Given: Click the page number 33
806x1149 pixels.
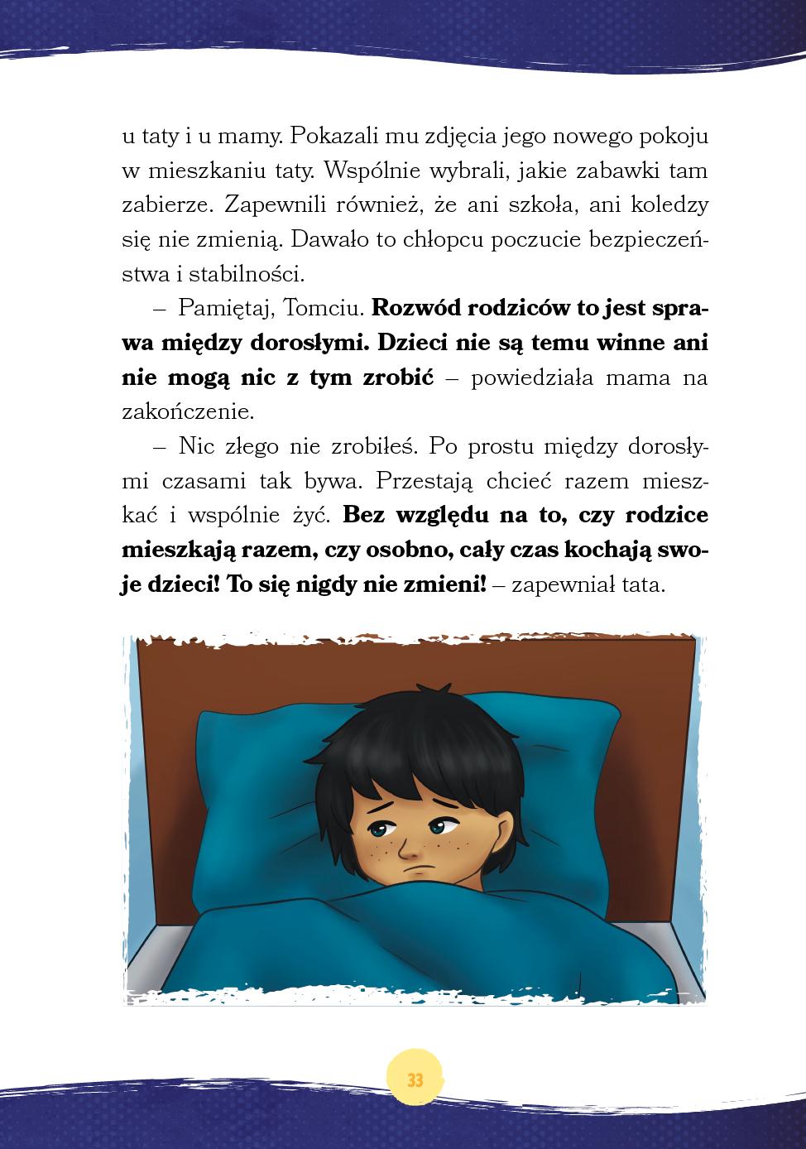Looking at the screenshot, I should pyautogui.click(x=415, y=1080).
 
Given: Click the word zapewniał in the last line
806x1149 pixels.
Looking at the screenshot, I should pyautogui.click(x=563, y=584).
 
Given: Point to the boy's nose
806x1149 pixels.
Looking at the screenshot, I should pyautogui.click(x=408, y=844).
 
